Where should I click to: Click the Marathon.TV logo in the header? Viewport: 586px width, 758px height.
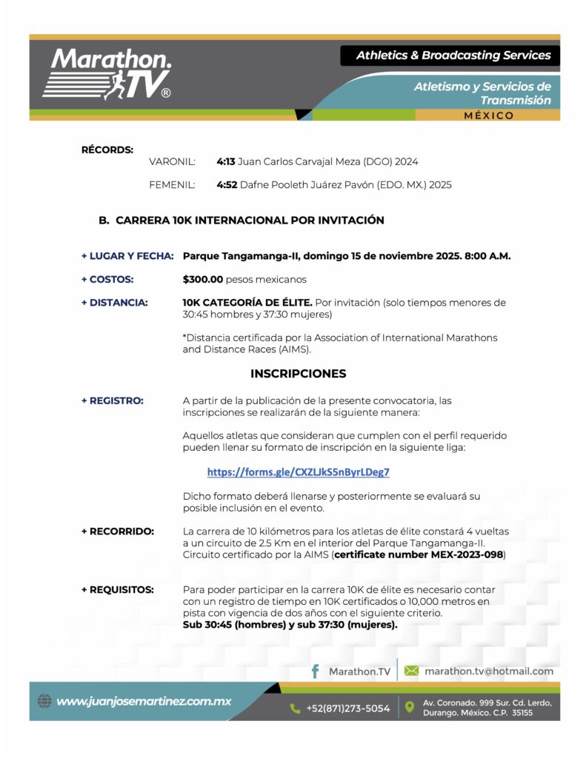107,74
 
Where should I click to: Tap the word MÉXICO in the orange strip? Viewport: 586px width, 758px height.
488,115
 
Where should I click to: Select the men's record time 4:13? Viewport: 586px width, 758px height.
225,161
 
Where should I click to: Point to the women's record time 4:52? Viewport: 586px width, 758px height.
226,184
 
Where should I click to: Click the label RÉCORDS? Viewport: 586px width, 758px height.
107,150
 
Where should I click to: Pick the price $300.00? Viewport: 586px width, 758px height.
202,279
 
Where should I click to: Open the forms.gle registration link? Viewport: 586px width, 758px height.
298,472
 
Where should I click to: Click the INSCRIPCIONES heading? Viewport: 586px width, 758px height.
298,373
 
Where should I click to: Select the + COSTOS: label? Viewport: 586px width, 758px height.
107,279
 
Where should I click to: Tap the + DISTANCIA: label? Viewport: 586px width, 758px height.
114,302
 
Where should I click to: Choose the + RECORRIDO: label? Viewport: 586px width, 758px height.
117,531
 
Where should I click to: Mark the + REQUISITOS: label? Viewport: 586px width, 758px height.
117,589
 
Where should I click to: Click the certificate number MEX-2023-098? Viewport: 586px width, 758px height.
419,554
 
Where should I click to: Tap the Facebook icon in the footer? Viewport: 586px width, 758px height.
315,671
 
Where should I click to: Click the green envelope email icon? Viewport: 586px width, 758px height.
411,671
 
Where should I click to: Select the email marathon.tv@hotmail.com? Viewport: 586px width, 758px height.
489,671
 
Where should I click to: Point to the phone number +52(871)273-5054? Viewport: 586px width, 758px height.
347,708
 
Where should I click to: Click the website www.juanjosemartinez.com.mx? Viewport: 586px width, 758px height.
144,701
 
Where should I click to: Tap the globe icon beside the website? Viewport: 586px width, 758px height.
44,701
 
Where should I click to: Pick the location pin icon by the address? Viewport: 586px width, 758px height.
410,708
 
